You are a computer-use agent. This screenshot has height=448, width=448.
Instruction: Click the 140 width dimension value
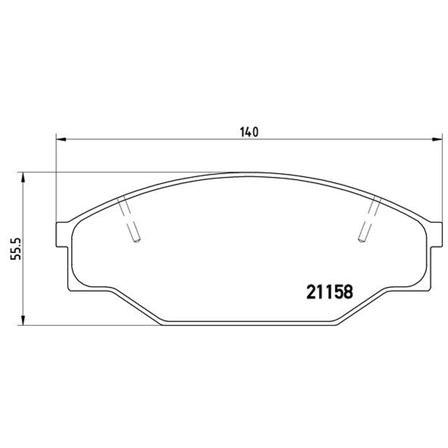[249, 132]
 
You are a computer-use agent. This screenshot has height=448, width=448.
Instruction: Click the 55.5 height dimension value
[16, 249]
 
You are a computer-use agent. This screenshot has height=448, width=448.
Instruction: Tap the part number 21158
[330, 292]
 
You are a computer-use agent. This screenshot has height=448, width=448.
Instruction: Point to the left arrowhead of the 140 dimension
[61, 139]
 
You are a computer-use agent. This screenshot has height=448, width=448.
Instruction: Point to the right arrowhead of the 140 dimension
[437, 139]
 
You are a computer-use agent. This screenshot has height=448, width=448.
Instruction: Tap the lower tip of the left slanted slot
[137, 241]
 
